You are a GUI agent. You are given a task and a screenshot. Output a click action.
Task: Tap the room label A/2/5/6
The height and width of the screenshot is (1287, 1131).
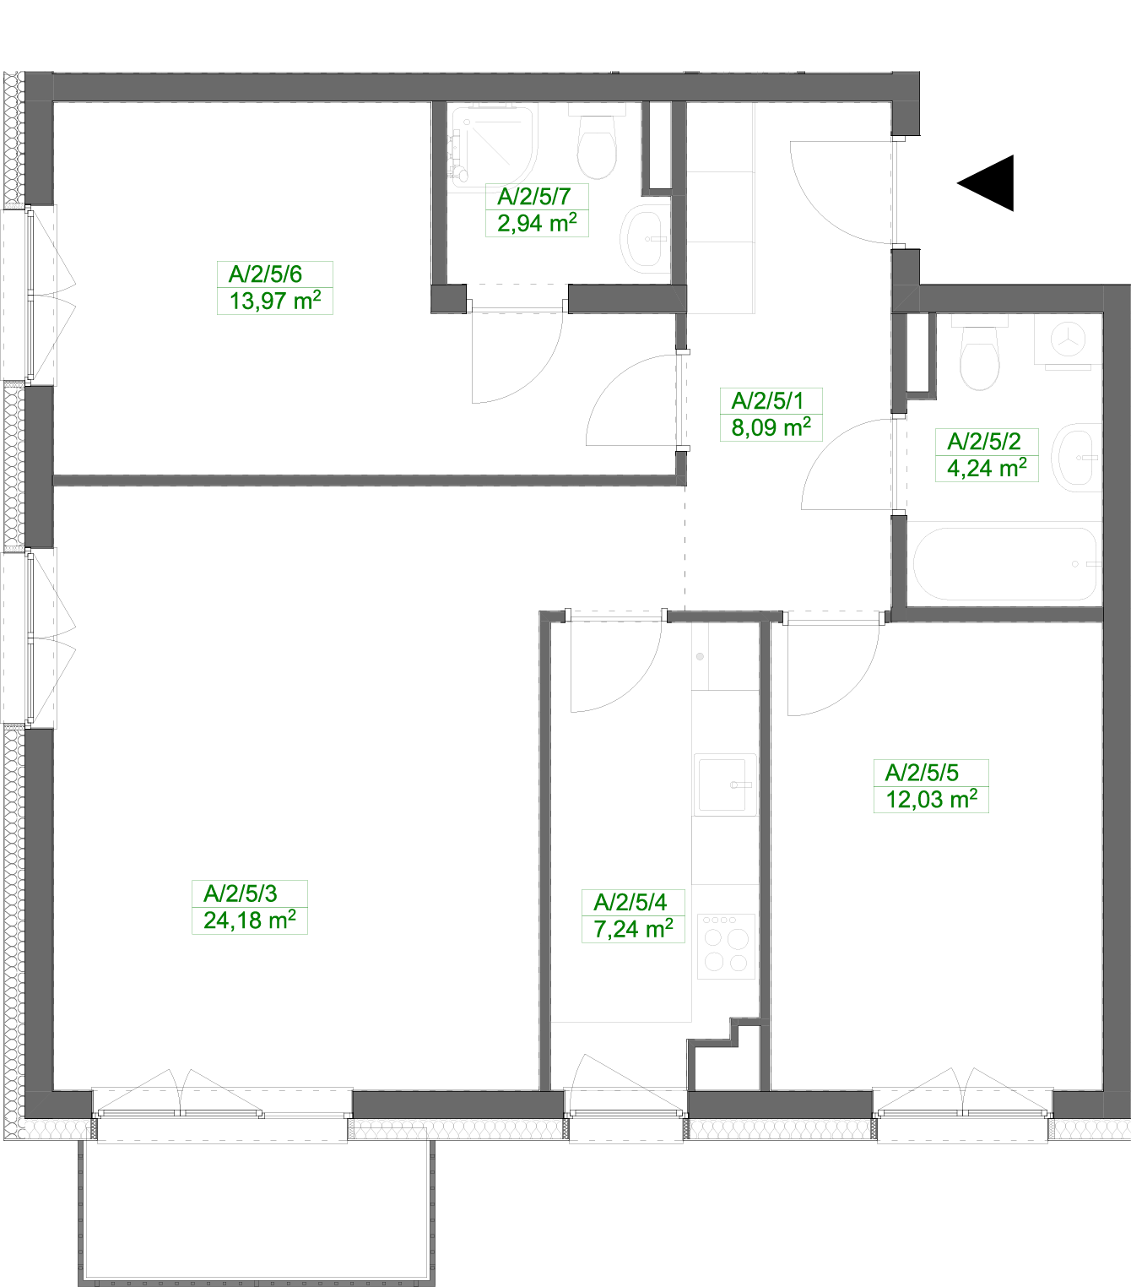tap(265, 274)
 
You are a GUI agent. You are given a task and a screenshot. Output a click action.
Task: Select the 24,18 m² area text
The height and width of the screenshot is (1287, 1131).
tap(250, 920)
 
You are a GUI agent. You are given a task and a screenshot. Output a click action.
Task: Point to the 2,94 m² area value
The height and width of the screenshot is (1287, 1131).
tap(537, 223)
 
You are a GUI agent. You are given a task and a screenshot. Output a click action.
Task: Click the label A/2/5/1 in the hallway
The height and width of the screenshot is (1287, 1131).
tap(767, 401)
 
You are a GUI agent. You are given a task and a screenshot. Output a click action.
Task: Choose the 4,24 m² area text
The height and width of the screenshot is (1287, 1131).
tap(987, 468)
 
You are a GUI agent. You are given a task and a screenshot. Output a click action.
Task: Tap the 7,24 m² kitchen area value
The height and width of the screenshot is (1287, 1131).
tap(633, 929)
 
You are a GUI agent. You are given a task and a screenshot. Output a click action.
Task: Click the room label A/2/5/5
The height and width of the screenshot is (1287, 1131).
tap(922, 773)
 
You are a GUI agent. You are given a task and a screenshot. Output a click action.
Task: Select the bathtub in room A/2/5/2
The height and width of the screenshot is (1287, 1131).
tap(1005, 564)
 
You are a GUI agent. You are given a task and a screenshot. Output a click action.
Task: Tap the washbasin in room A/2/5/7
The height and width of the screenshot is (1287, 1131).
tap(644, 239)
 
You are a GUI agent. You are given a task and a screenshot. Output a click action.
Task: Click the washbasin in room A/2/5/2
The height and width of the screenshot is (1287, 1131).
tap(1076, 458)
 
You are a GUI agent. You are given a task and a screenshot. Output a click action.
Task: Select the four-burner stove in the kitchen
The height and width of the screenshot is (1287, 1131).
tap(727, 947)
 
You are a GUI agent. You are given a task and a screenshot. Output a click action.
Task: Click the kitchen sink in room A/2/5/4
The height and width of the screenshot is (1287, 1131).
tap(725, 785)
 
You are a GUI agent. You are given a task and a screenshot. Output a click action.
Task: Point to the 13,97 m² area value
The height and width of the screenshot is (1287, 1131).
tap(275, 301)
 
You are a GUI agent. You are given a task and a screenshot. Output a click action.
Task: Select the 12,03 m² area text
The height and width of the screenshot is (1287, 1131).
tap(931, 799)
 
